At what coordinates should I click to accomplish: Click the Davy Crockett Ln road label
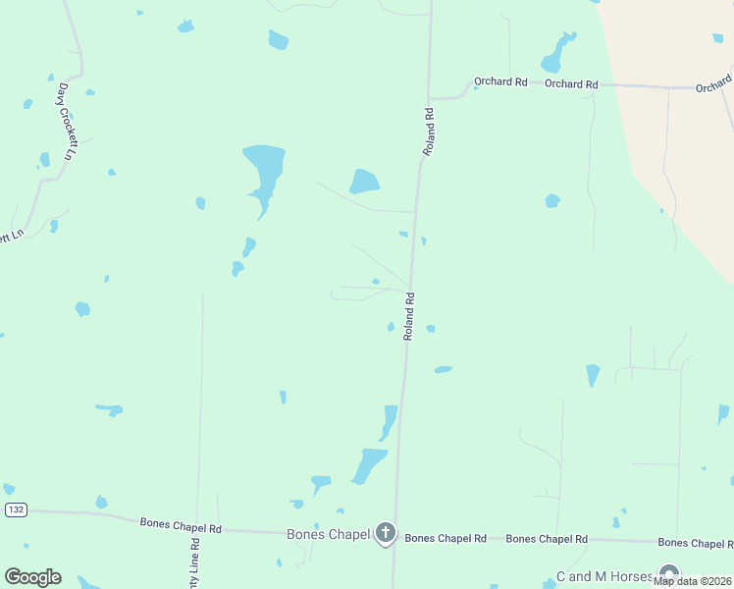pos(67,122)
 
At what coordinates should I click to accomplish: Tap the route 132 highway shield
pos(15,509)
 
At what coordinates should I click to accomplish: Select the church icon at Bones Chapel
pos(386,533)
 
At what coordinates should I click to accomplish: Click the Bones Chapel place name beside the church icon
pos(328,534)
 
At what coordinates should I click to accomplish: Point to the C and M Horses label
pos(604,576)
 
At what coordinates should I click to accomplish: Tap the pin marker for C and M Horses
pos(669,573)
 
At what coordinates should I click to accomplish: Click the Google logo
pos(32,577)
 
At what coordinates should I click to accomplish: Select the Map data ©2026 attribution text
pos(693,581)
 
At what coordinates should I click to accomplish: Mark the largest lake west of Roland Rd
pos(263,169)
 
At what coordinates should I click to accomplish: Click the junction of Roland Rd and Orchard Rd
pos(429,98)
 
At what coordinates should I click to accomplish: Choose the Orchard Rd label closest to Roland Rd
pos(500,82)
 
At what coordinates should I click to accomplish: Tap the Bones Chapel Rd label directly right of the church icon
pos(446,538)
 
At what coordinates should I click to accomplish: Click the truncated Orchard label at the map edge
pos(714,84)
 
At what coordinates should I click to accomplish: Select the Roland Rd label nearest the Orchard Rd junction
pos(428,132)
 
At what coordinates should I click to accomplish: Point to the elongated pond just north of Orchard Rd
pos(556,55)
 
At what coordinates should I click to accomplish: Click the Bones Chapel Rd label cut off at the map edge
pos(695,543)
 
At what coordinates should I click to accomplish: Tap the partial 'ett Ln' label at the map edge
pos(11,237)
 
